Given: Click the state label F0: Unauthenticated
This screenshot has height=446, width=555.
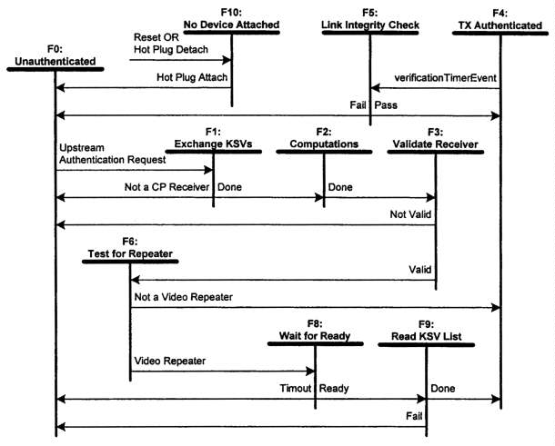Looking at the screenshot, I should pyautogui.click(x=55, y=55).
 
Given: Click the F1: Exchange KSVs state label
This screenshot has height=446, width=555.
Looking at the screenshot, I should pyautogui.click(x=213, y=138).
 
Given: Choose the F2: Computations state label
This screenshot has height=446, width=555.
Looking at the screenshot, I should pyautogui.click(x=325, y=138).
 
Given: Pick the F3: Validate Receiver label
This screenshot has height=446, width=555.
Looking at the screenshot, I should pyautogui.click(x=435, y=138).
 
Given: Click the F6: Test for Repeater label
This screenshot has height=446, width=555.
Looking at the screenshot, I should pyautogui.click(x=130, y=246).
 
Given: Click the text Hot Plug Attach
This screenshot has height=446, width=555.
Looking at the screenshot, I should pyautogui.click(x=189, y=78).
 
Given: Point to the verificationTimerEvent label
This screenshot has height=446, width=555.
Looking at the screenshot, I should pyautogui.click(x=445, y=78).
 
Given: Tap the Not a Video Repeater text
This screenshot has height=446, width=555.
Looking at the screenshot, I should pyautogui.click(x=183, y=296).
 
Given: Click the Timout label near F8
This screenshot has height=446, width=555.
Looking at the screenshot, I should pyautogui.click(x=295, y=388).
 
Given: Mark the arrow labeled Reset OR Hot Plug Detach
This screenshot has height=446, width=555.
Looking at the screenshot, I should pyautogui.click(x=181, y=61).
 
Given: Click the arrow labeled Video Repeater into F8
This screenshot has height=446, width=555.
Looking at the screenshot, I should pyautogui.click(x=222, y=372).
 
